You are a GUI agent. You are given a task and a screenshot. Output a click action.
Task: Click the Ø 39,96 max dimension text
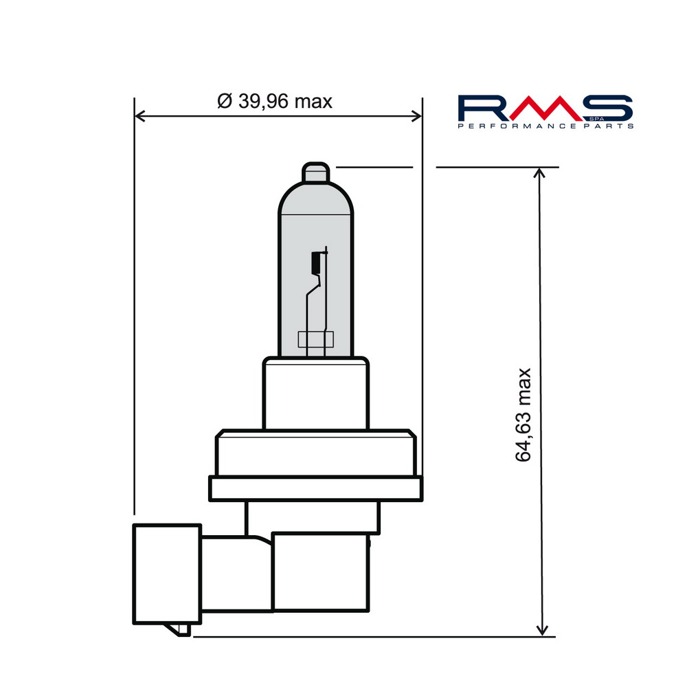(x=275, y=102)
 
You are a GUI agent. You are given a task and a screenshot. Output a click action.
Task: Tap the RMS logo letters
(x=544, y=109)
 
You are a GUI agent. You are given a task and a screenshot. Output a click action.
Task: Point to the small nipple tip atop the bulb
(x=317, y=172)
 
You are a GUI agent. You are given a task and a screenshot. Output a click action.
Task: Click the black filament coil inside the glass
(x=316, y=261)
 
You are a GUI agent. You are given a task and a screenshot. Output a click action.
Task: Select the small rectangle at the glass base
(x=315, y=339)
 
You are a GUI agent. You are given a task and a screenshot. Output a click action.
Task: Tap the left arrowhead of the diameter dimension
(x=140, y=115)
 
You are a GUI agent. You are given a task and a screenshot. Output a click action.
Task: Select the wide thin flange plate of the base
(x=315, y=489)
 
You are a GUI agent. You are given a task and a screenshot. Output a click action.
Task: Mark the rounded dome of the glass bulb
(x=316, y=199)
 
